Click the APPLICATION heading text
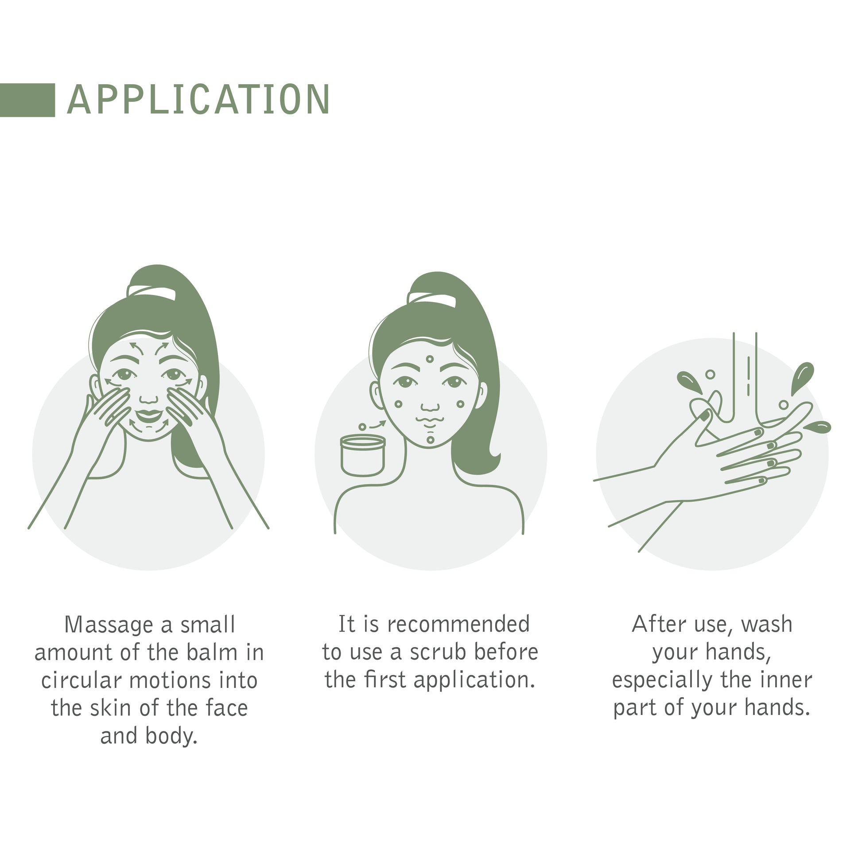tap(198, 100)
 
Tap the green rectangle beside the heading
tap(27, 100)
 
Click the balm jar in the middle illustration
tap(363, 455)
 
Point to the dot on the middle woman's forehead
tap(430, 359)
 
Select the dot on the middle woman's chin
tap(430, 440)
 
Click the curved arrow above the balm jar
tap(378, 423)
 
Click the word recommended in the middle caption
tap(458, 624)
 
